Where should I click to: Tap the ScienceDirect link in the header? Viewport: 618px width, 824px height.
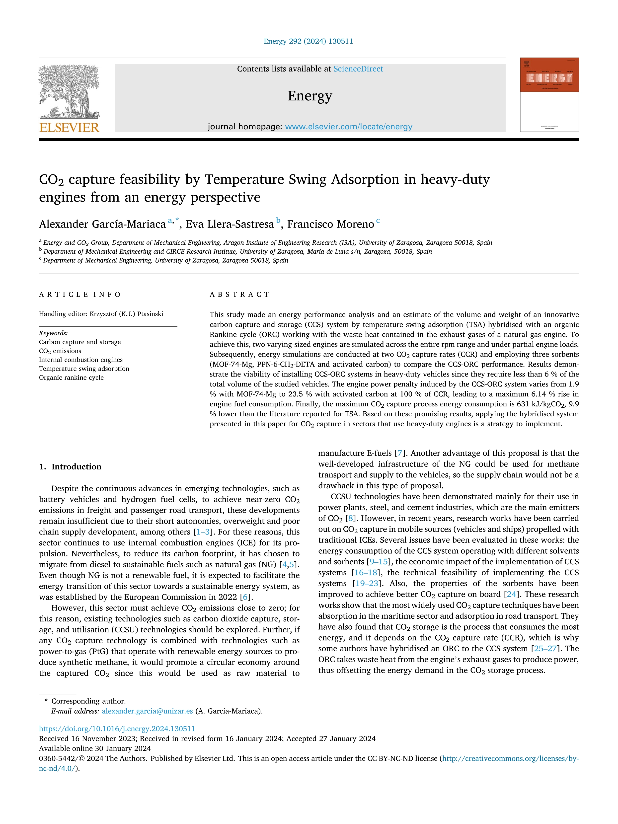point(358,69)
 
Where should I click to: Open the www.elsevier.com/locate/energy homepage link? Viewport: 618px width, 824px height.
point(349,127)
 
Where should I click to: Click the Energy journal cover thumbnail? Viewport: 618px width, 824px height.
point(549,95)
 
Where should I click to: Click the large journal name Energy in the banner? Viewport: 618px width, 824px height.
point(309,96)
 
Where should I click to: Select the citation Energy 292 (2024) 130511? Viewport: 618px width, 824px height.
point(308,41)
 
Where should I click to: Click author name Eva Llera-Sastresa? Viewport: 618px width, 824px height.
point(230,224)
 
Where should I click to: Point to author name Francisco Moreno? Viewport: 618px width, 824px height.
point(330,224)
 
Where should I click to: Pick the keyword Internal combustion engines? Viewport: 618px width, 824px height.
point(81,360)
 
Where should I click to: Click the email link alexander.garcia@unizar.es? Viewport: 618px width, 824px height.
point(147,711)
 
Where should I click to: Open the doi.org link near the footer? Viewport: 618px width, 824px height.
point(117,729)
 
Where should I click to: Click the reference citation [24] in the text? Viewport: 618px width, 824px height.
point(511,594)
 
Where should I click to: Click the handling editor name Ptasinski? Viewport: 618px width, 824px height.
point(149,314)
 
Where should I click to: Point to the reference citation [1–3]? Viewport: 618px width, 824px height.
point(203,532)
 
